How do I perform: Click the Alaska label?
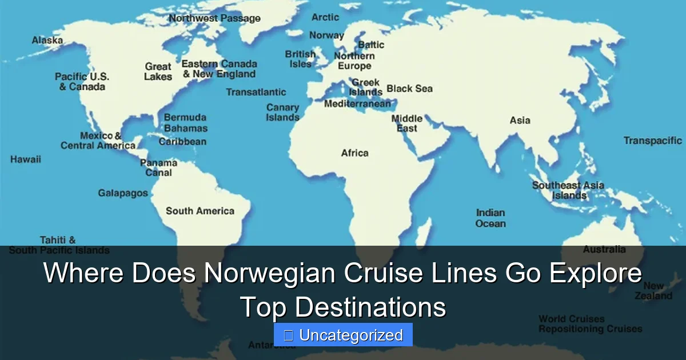[x=47, y=41]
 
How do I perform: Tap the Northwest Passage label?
[x=214, y=18]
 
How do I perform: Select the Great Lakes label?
[x=158, y=71]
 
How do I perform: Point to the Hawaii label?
[x=26, y=159]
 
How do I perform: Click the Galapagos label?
[x=123, y=193]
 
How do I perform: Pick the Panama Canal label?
[x=159, y=167]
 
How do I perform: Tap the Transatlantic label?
[x=256, y=92]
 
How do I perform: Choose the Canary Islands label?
[x=283, y=112]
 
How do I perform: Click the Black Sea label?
[x=409, y=89]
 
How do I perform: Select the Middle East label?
[x=407, y=123]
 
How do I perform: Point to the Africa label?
[x=355, y=153]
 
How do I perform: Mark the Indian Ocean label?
[x=490, y=218]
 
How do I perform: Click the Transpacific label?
[x=653, y=141]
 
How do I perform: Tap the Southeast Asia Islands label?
[x=568, y=190]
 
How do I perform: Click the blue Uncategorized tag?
[x=343, y=335]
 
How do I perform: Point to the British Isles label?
[x=301, y=59]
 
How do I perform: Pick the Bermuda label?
[x=185, y=117]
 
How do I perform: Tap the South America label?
[x=200, y=211]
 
